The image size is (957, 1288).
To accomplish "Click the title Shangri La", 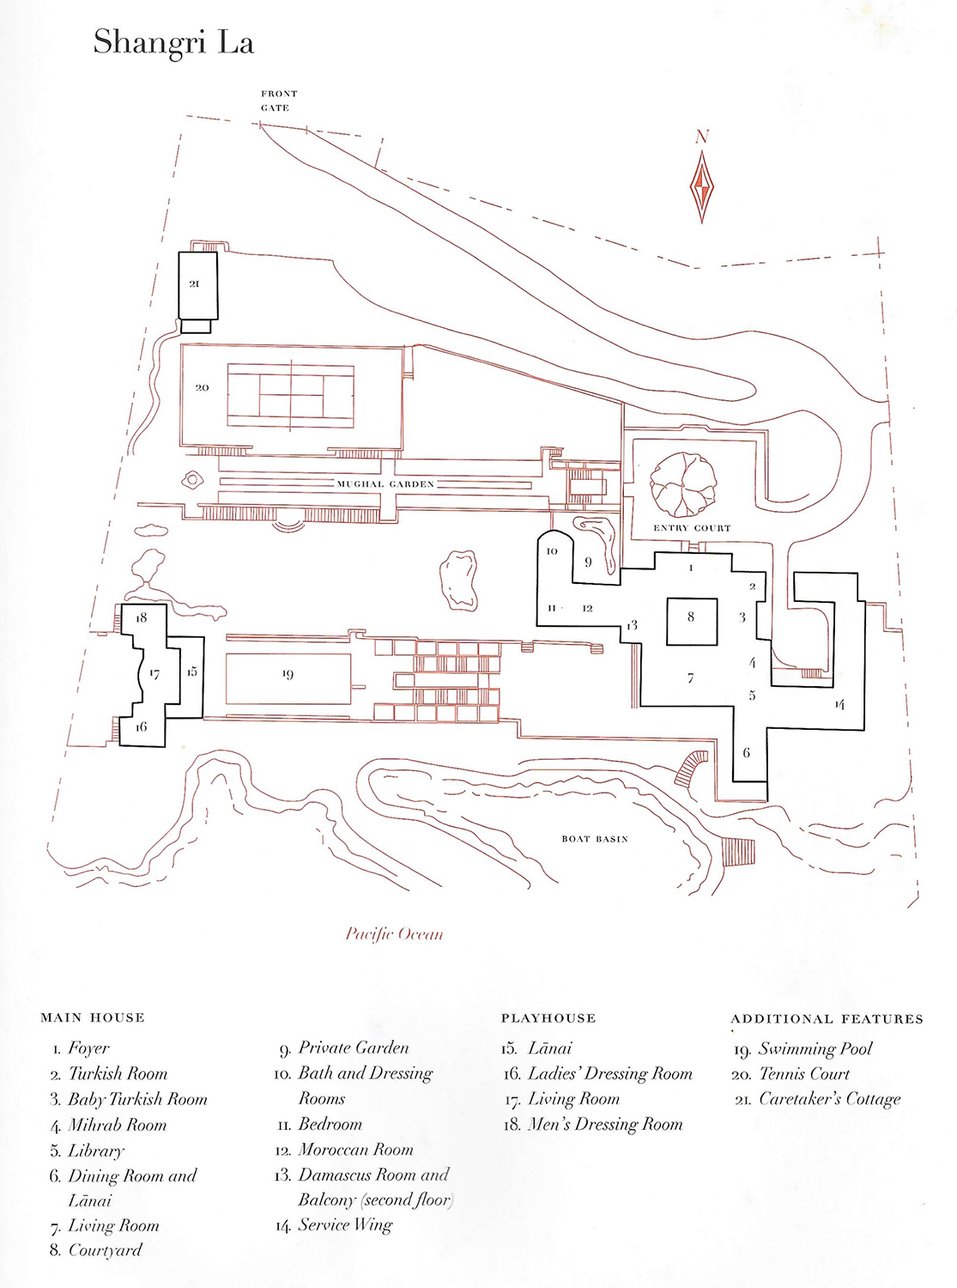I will (x=173, y=42).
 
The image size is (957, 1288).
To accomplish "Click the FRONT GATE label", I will (x=279, y=100).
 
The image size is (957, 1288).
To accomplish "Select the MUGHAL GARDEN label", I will (x=385, y=484).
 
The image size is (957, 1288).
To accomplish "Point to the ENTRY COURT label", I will (x=692, y=528).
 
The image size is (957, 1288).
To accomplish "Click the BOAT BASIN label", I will (x=595, y=839).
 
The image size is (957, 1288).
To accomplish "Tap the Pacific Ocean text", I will (x=394, y=933).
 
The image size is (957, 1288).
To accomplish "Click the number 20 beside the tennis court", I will (x=202, y=388).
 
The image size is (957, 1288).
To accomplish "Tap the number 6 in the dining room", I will (x=747, y=753).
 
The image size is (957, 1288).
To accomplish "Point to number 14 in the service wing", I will (x=839, y=704).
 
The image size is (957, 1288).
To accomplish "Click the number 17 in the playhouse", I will (x=154, y=674).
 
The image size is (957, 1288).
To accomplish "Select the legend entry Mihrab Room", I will (x=117, y=1125).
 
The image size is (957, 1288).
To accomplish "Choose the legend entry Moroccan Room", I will (x=355, y=1150).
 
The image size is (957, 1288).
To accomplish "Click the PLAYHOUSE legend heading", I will (x=548, y=1018).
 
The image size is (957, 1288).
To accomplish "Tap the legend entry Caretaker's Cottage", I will (x=829, y=1099).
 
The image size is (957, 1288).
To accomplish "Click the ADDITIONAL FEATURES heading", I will (x=827, y=1019).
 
